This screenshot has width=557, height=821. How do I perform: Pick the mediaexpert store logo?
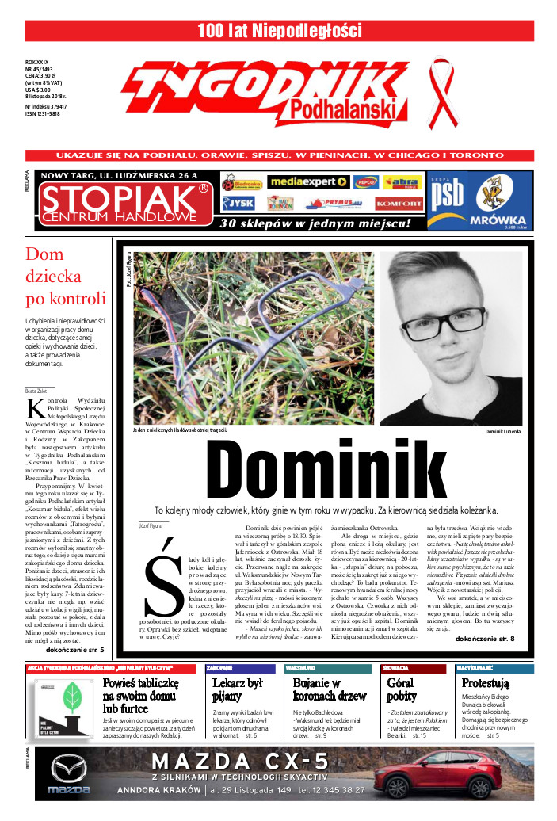[x=308, y=182]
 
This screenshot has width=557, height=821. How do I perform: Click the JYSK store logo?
[x=238, y=203]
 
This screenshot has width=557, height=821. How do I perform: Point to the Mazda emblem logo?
[x=69, y=768]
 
